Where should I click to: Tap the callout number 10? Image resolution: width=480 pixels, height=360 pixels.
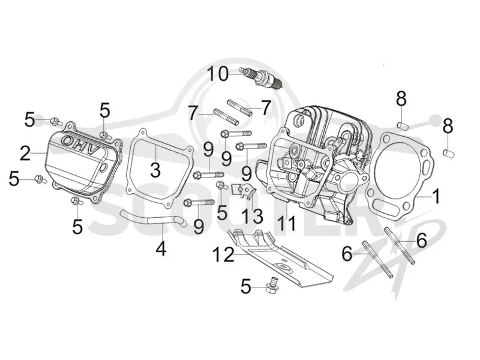218,74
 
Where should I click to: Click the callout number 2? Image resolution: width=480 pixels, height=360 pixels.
25,153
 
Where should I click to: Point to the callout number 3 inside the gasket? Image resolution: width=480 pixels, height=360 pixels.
155,170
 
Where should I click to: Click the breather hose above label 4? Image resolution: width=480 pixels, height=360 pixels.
154,218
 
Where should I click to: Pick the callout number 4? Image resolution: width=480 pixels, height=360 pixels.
161,248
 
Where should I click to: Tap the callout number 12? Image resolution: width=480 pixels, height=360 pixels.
223,254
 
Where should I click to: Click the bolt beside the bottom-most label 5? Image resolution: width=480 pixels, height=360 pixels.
272,285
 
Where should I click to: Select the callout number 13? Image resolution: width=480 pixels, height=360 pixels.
252,216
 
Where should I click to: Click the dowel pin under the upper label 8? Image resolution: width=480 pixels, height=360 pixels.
403,125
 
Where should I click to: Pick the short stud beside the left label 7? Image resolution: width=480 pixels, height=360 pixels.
226,116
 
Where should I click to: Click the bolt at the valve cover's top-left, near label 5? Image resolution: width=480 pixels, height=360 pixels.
56,122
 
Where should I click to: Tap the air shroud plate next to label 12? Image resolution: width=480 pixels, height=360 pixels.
280,259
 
